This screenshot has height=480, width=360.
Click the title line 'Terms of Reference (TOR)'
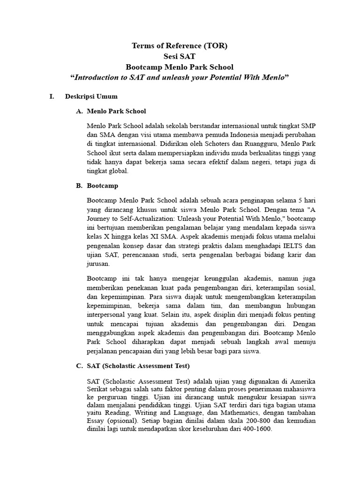point(180,46)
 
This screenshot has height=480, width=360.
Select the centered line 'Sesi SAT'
point(180,56)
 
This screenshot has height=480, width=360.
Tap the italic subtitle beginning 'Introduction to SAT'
point(180,77)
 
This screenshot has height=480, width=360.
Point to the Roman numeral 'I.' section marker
point(52,97)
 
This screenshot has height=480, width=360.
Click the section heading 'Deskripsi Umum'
point(91,97)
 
